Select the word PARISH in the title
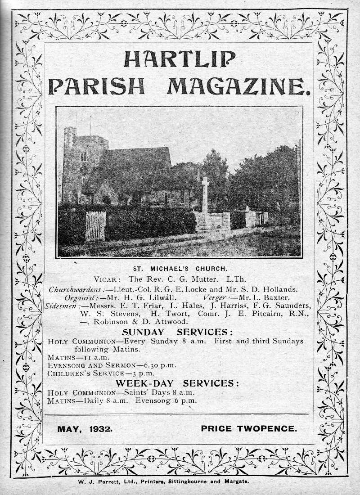pyautogui.click(x=96, y=85)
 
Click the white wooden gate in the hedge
pyautogui.click(x=95, y=225)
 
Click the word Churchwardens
pyautogui.click(x=76, y=289)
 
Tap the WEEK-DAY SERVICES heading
pyautogui.click(x=178, y=383)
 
